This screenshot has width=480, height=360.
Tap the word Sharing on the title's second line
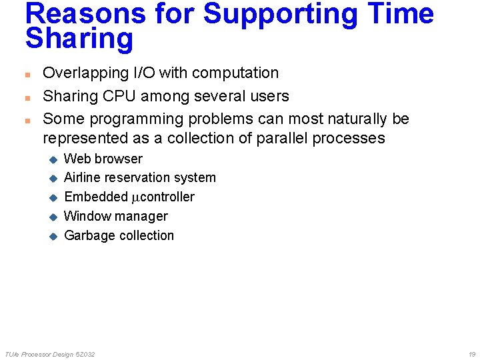79,39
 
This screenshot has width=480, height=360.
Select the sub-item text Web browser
103,159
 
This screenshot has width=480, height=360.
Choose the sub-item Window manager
116,216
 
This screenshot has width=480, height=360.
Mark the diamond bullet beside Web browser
54,159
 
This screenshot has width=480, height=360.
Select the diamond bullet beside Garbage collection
54,236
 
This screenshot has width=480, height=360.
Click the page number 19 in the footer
471,354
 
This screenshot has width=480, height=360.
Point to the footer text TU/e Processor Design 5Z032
50,354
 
